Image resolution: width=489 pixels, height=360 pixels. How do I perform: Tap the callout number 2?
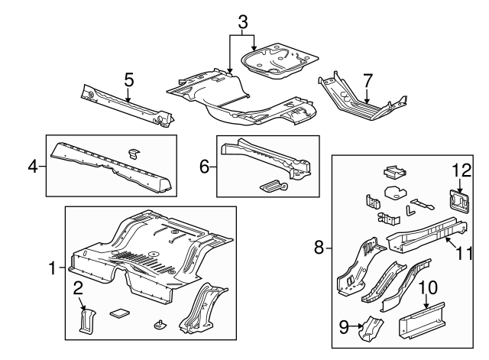[78, 288]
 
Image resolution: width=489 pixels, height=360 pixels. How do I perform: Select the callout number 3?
[243, 22]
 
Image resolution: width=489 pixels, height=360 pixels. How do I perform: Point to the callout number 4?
[32, 164]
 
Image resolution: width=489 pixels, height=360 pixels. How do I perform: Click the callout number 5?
[128, 79]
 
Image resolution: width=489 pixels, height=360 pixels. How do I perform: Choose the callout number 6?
[204, 165]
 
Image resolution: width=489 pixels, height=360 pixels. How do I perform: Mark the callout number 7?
[368, 79]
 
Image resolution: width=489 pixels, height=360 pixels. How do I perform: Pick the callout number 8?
[321, 246]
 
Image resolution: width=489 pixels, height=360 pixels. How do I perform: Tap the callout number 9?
[343, 328]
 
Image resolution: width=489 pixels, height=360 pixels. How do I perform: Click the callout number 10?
[428, 288]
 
